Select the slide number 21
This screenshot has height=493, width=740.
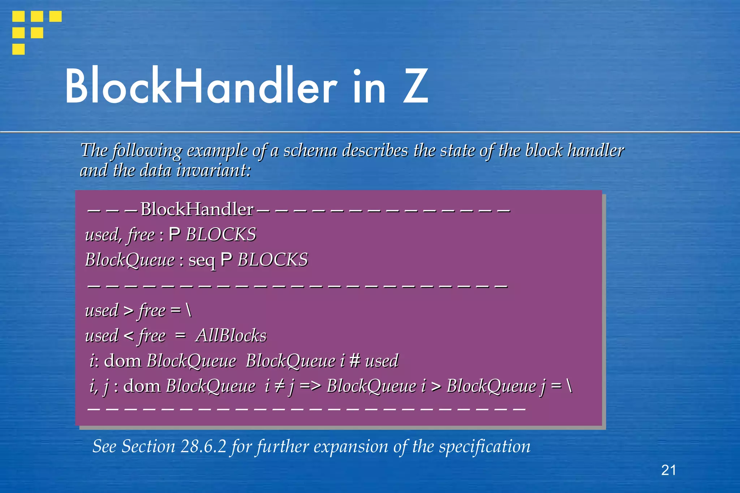pyautogui.click(x=668, y=470)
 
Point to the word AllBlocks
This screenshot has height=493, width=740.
pyautogui.click(x=231, y=336)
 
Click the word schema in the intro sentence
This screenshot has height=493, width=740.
pyautogui.click(x=310, y=151)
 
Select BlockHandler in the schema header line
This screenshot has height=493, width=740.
pyautogui.click(x=197, y=209)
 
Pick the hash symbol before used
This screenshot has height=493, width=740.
pyautogui.click(x=355, y=361)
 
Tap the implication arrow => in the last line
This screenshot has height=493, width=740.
pyautogui.click(x=310, y=386)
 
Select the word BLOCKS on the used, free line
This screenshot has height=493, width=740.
pyautogui.click(x=221, y=235)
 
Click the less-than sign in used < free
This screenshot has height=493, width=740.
pyautogui.click(x=129, y=336)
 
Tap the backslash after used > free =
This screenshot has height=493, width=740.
pyautogui.click(x=188, y=310)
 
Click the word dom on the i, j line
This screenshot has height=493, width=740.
pyautogui.click(x=142, y=386)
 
